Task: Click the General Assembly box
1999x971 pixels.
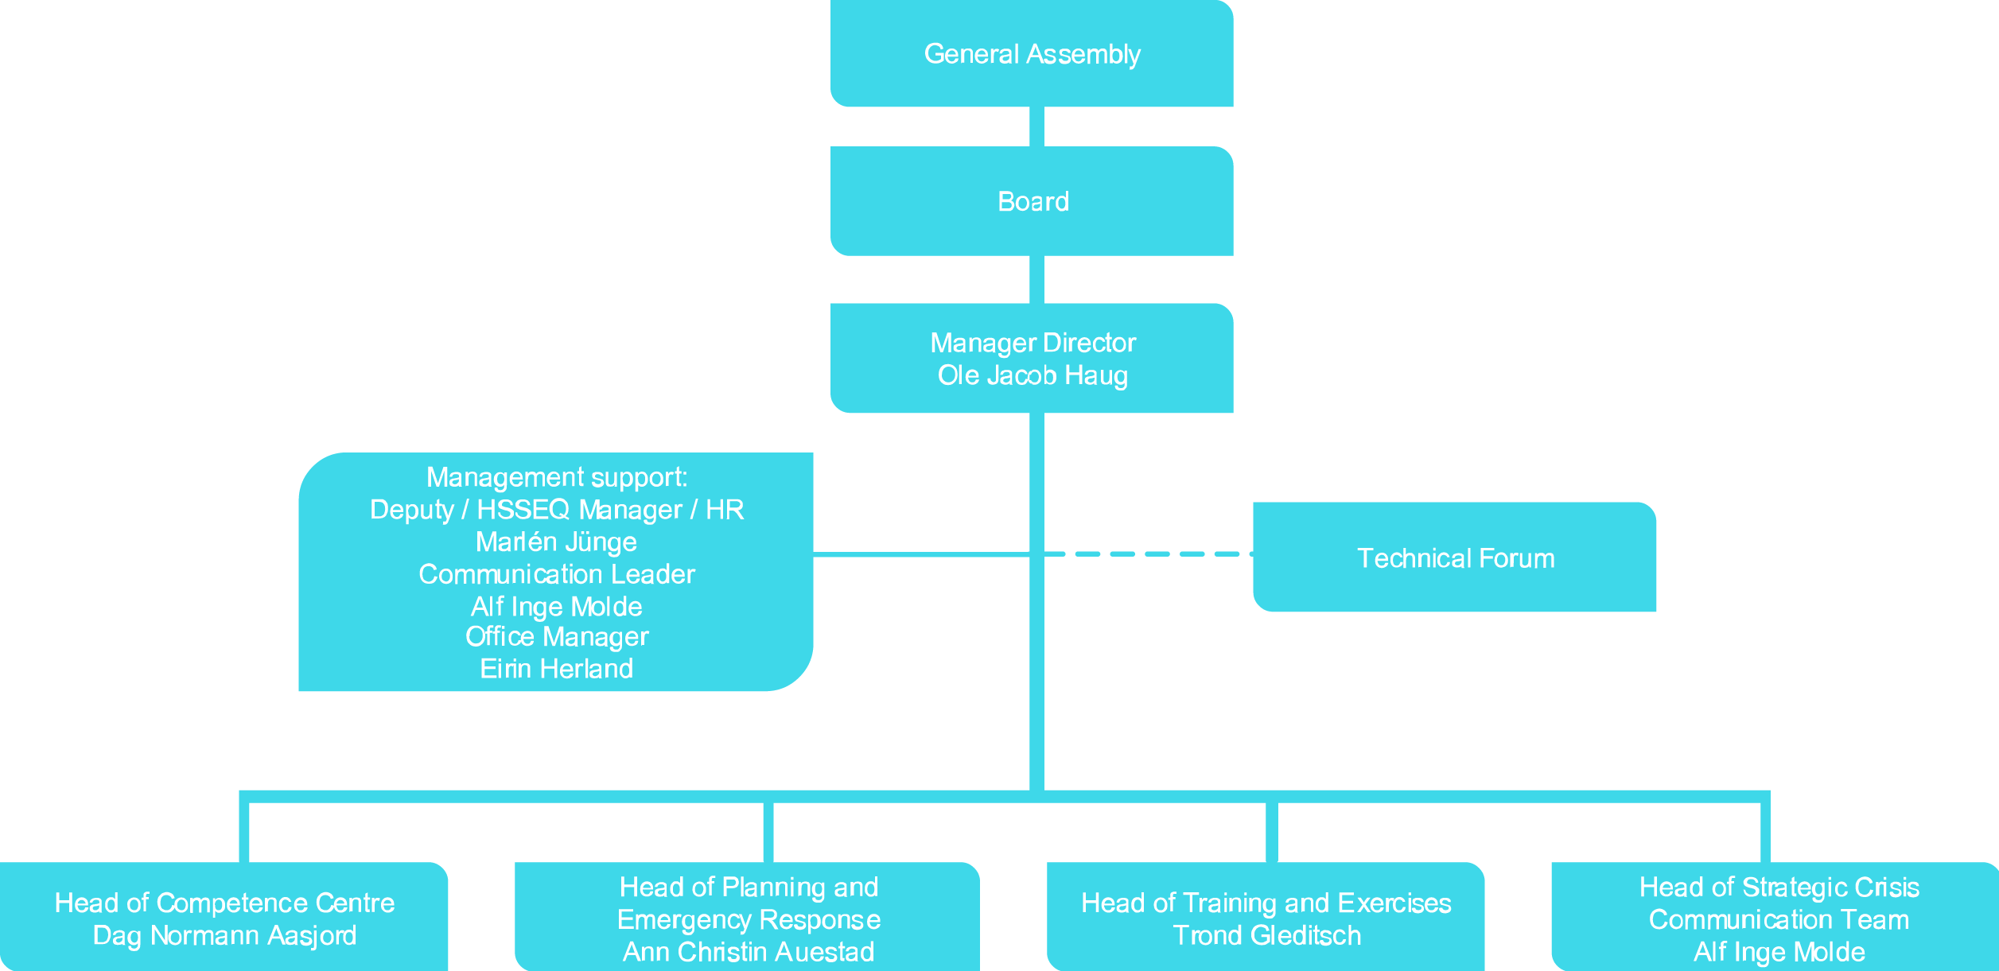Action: click(1032, 53)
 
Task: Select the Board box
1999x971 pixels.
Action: click(1032, 201)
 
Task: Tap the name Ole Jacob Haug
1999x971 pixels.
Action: click(1033, 375)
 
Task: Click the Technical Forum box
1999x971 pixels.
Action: click(1455, 557)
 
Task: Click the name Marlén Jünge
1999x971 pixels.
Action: click(556, 542)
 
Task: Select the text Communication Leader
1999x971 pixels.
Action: click(556, 574)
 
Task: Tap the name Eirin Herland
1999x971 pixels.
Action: click(556, 669)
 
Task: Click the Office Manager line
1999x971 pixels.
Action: click(556, 636)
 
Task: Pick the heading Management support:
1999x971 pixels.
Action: click(556, 477)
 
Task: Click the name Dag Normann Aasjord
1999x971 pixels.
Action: click(224, 935)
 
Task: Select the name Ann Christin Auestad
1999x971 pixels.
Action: click(748, 952)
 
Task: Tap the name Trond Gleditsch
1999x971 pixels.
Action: click(1266, 935)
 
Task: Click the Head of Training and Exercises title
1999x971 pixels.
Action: click(1266, 903)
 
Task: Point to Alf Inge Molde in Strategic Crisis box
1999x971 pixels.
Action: click(1779, 952)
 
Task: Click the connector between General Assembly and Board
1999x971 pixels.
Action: click(1036, 126)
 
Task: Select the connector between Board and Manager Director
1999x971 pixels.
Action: click(1036, 279)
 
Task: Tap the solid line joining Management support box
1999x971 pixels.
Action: click(921, 553)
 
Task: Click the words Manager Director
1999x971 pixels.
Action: click(1033, 343)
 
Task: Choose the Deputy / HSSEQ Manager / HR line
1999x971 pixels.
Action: click(556, 510)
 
